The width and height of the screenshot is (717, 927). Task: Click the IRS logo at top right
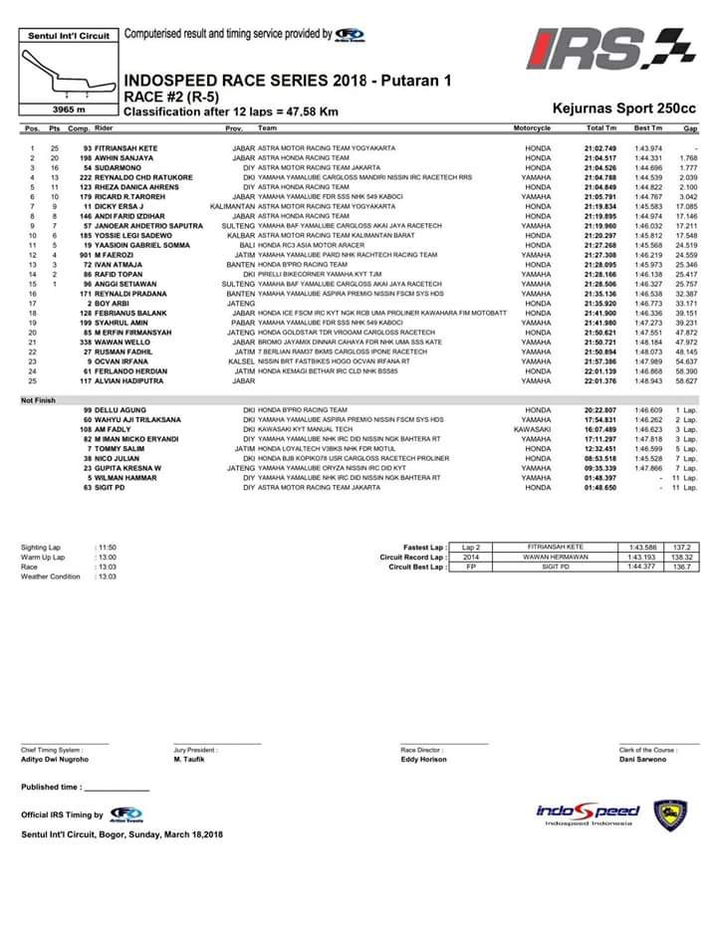[599, 51]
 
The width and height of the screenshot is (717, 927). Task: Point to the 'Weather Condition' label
[51, 577]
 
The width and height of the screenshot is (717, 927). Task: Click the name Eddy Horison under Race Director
[425, 759]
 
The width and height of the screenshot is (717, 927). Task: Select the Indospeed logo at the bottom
[588, 813]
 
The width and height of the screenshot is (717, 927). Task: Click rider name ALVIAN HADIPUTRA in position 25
[131, 380]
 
